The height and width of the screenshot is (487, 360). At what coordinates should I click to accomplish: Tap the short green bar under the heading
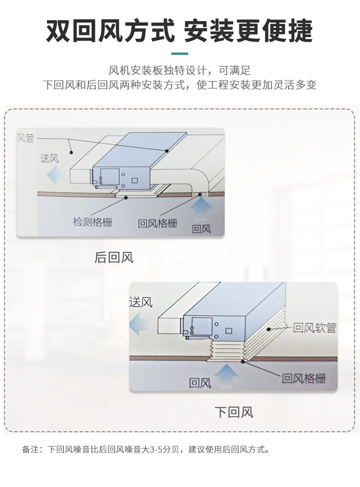point(180,54)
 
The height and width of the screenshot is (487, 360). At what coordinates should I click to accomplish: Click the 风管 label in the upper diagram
point(25,138)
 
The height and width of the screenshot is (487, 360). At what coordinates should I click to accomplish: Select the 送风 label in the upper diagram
point(49,158)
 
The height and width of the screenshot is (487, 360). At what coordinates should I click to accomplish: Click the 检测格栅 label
point(93,222)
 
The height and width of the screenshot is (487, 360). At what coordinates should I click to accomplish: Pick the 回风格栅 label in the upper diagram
point(157,223)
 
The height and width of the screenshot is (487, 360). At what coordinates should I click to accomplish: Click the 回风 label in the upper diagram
point(201,229)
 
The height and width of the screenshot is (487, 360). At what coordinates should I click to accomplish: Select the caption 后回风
point(114,258)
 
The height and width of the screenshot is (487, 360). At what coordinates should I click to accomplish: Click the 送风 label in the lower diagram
point(141,302)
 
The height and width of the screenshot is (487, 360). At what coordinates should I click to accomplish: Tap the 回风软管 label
point(315,328)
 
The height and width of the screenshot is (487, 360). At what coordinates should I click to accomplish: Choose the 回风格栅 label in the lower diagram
point(304,378)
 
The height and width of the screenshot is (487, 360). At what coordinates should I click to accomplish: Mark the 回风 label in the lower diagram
point(200,383)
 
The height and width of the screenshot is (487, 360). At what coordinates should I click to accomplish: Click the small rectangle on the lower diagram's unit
point(228,331)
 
